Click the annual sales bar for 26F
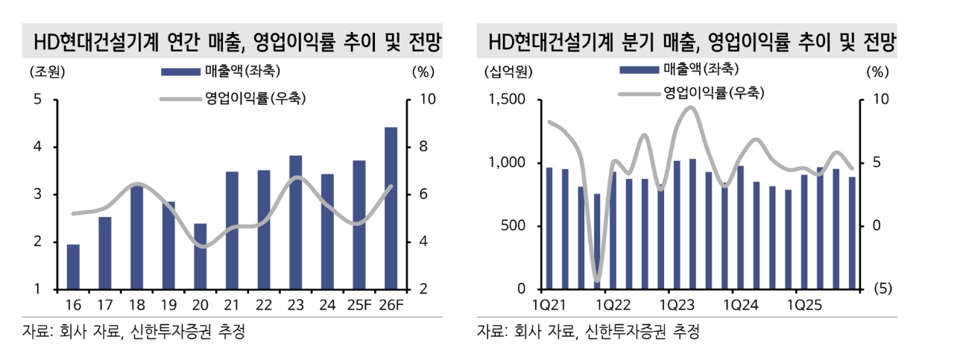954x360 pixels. click(391, 209)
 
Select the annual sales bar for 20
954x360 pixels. click(200, 256)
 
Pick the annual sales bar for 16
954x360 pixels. click(73, 267)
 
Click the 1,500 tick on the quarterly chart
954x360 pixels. click(506, 100)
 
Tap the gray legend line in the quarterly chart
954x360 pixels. click(639, 93)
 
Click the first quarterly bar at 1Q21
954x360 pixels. click(549, 228)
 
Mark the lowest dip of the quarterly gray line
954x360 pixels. click(597, 280)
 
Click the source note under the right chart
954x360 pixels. click(588, 331)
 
